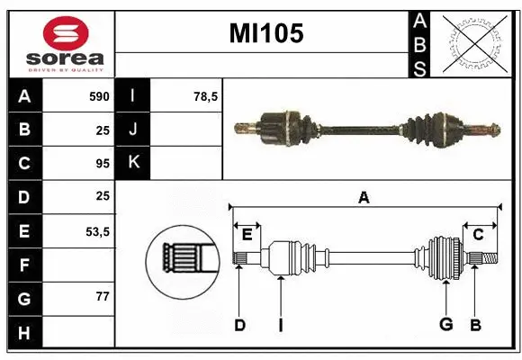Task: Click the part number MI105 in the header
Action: point(266,34)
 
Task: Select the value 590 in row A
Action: point(97,96)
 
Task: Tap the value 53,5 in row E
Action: point(97,231)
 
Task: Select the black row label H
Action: point(24,333)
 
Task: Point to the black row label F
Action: point(24,265)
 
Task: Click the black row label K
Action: point(133,164)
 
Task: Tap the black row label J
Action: point(133,130)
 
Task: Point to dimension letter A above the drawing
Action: point(364,197)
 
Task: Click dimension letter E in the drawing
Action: point(247,235)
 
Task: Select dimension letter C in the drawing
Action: point(478,235)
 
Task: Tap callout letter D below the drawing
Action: point(239,325)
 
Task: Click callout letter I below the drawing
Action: point(280,325)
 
